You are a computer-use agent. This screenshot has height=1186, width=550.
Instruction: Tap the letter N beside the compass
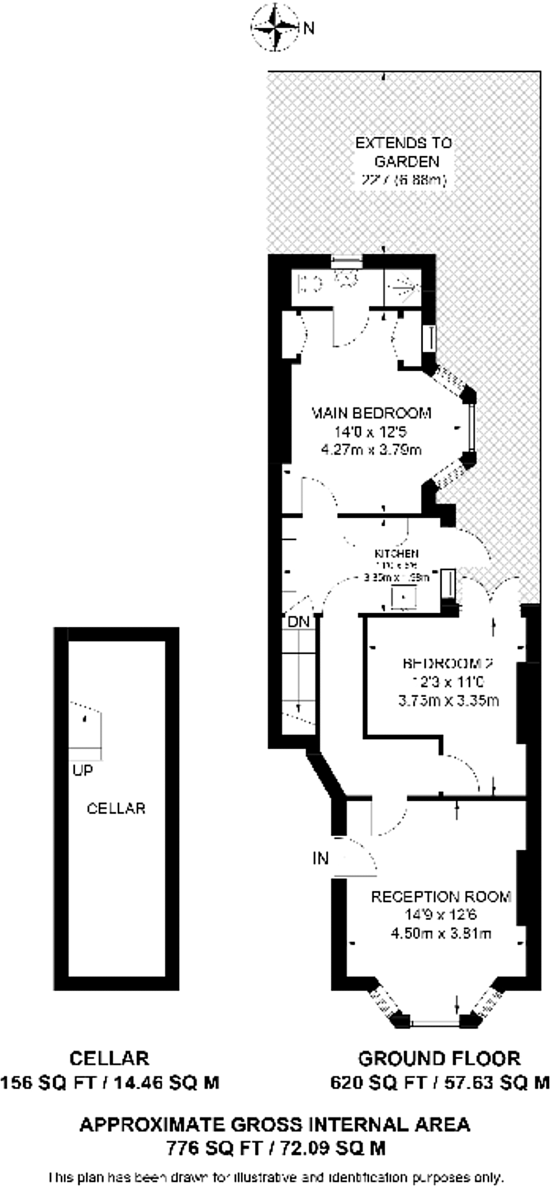coord(309,28)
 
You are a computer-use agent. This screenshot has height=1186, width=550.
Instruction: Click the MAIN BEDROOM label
coord(371,413)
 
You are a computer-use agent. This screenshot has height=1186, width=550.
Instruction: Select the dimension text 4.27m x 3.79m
coord(371,449)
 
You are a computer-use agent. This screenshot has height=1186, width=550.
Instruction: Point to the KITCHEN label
coord(396,554)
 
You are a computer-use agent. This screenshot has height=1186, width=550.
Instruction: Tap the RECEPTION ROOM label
coord(441,896)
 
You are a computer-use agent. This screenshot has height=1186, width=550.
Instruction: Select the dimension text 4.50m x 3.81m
coord(441,933)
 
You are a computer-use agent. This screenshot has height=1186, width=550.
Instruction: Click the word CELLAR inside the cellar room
coord(116,808)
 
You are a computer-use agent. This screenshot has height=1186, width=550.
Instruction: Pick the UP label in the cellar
coord(83,771)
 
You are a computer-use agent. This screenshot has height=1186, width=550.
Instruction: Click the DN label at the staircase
coord(299,622)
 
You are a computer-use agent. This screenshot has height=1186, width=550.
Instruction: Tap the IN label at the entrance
coord(320,858)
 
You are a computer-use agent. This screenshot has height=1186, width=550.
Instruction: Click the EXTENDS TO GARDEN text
coord(404,152)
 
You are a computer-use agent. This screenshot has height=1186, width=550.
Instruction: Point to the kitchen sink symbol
coord(404,596)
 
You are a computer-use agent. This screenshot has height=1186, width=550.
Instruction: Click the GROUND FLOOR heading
coord(439,1059)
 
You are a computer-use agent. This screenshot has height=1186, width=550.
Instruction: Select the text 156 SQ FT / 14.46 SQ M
coord(110,1082)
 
